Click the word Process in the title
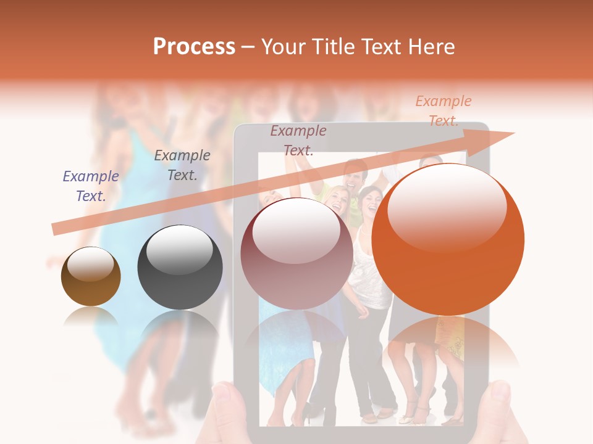(x=194, y=46)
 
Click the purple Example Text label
(x=91, y=186)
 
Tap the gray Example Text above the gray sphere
(x=182, y=165)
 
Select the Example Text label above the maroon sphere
(x=298, y=141)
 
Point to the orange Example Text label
(x=444, y=111)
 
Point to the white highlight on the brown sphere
(x=90, y=264)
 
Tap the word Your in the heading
(x=285, y=46)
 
